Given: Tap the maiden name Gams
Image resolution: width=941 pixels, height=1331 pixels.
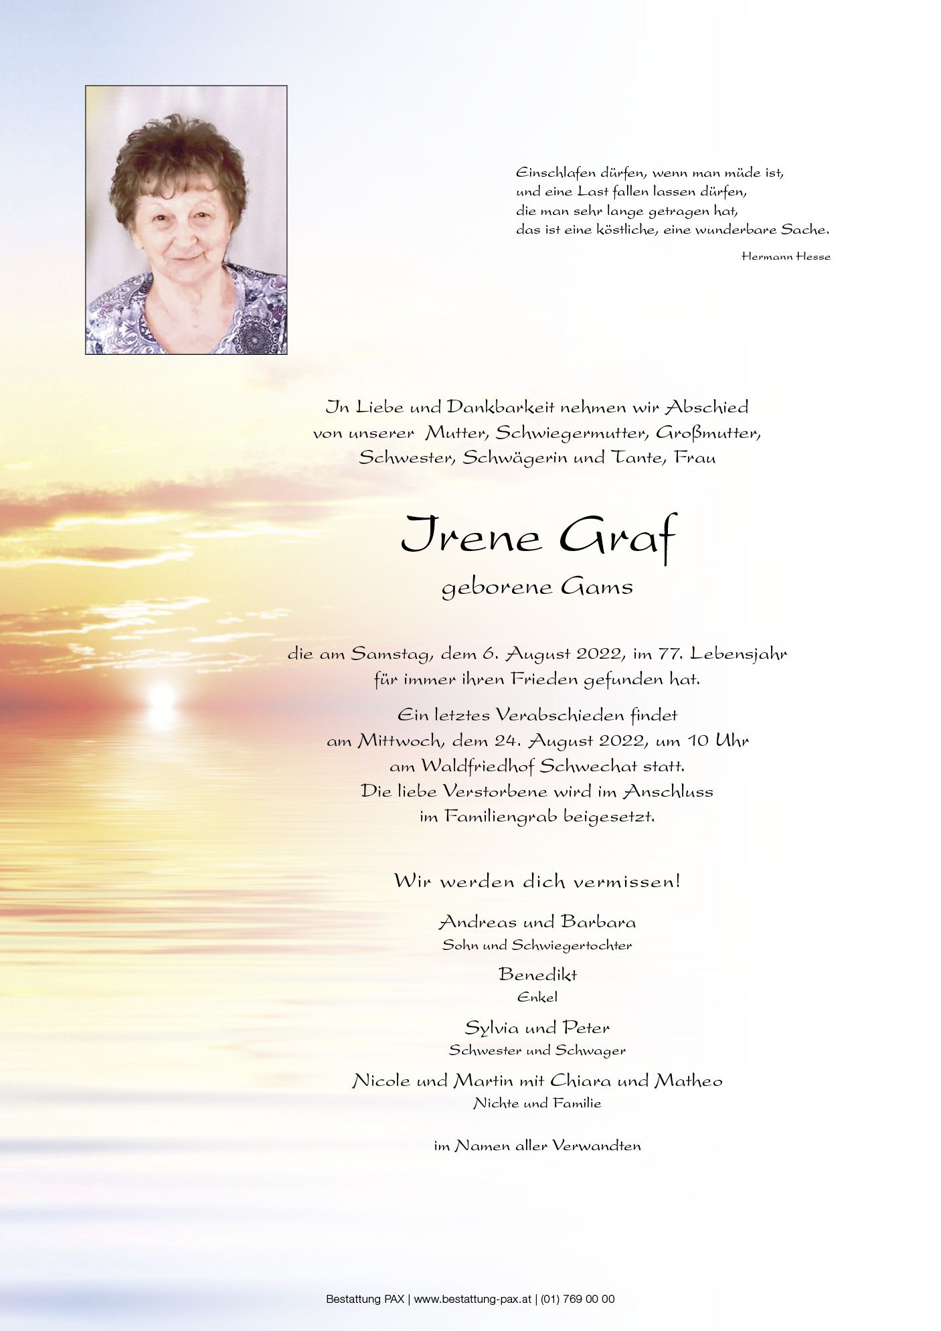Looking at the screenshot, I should click(x=597, y=587).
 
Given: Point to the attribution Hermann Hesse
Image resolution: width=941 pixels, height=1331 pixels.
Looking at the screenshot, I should click(x=786, y=256).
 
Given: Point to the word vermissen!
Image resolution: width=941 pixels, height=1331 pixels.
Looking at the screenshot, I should click(x=629, y=881).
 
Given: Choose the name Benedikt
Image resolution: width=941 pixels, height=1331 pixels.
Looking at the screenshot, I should click(x=537, y=974).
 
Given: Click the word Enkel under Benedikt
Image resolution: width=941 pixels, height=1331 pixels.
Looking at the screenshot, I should click(x=537, y=997).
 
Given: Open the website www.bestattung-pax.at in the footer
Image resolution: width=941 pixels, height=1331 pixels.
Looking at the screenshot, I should click(x=473, y=1299).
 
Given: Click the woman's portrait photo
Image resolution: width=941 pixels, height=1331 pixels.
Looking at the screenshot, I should click(x=186, y=220).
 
